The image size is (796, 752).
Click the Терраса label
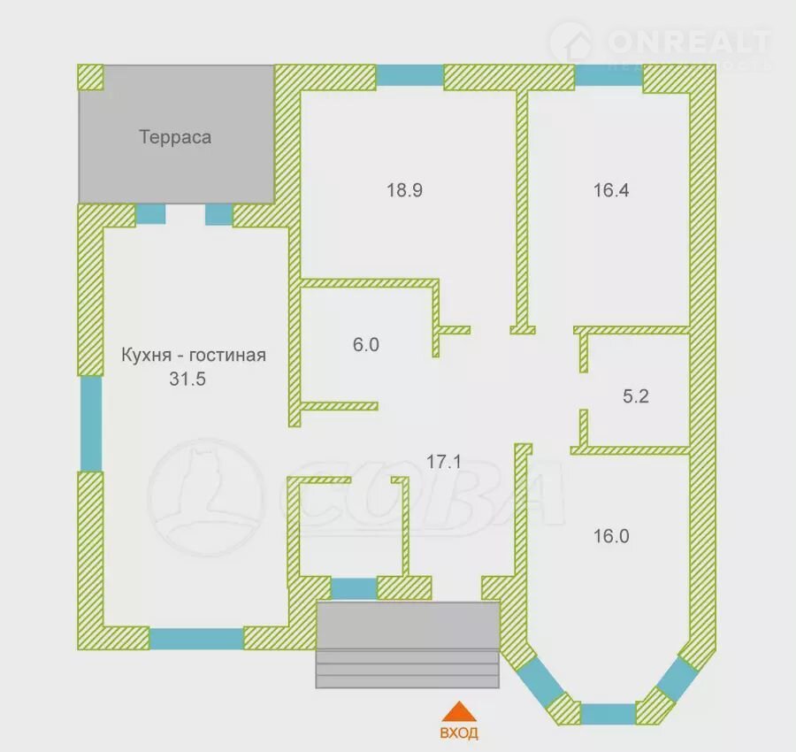175,137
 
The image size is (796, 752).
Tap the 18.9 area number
404,190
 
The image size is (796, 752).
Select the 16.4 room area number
611,190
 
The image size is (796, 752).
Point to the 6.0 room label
366,345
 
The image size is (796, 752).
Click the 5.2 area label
636,396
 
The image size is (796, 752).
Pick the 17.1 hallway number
444,462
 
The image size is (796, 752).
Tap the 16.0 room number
611,536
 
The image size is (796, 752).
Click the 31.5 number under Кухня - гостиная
188,379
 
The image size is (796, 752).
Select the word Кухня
146,355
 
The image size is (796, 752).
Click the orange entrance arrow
459,712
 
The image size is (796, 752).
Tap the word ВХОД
459,733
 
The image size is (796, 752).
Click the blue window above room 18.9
409,76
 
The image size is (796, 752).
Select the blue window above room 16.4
608,76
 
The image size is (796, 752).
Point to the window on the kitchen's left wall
91,424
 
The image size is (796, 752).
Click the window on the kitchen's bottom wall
196,639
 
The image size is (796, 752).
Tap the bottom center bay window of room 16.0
608,714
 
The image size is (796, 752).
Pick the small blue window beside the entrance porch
354,589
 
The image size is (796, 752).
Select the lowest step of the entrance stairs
407,682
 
